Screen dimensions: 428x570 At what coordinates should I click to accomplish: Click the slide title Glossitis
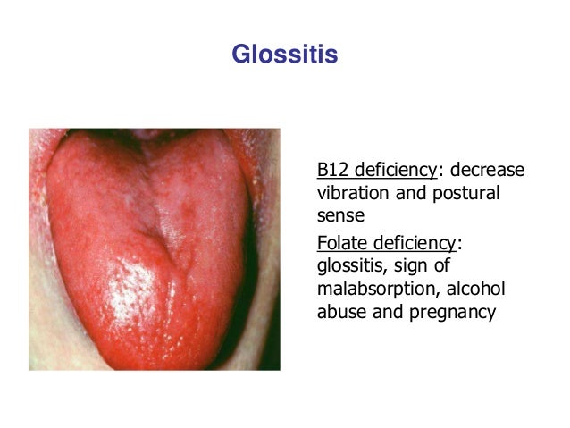[284, 55]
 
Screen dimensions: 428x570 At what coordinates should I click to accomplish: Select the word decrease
[487, 171]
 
